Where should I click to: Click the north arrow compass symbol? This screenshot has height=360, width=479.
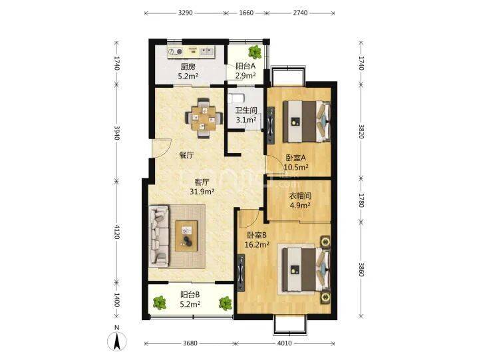click(116, 339)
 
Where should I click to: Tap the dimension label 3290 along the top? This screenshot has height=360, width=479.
click(185, 13)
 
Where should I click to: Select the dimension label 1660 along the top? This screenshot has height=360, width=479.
click(246, 13)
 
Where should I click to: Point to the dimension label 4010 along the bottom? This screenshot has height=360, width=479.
click(285, 343)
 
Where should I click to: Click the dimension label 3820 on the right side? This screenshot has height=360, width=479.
click(361, 131)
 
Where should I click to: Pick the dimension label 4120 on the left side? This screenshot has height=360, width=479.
click(116, 232)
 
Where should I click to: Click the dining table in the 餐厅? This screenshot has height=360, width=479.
click(204, 118)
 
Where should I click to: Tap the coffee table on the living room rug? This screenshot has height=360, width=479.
click(186, 236)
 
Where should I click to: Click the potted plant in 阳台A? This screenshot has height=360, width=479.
click(254, 52)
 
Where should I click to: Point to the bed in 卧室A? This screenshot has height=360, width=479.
click(307, 121)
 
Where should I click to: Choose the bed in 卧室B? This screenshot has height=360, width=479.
click(306, 270)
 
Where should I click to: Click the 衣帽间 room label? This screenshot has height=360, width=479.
click(300, 196)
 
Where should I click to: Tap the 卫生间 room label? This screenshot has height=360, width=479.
click(246, 110)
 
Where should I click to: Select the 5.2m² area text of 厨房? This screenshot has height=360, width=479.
click(188, 76)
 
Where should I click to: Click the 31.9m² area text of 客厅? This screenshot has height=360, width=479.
click(202, 192)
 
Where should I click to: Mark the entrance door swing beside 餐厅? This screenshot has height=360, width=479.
click(162, 148)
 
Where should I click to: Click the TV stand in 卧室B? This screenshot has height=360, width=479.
click(241, 273)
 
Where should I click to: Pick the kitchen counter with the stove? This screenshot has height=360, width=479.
click(191, 52)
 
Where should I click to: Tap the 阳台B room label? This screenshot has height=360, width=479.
click(190, 295)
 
